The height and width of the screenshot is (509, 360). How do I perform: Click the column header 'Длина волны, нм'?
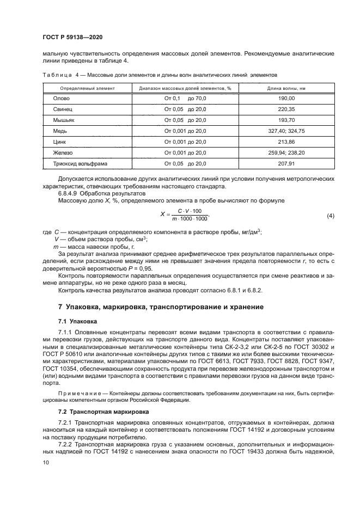286,88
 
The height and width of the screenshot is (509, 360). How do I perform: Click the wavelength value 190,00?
286,99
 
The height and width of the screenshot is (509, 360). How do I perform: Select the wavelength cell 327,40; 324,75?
286,131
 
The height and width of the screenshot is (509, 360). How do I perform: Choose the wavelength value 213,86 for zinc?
286,142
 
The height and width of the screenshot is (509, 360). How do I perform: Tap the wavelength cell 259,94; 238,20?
286,153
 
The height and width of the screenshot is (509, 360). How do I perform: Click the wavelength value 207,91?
286,163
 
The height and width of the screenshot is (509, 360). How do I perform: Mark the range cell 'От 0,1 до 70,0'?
185,99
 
